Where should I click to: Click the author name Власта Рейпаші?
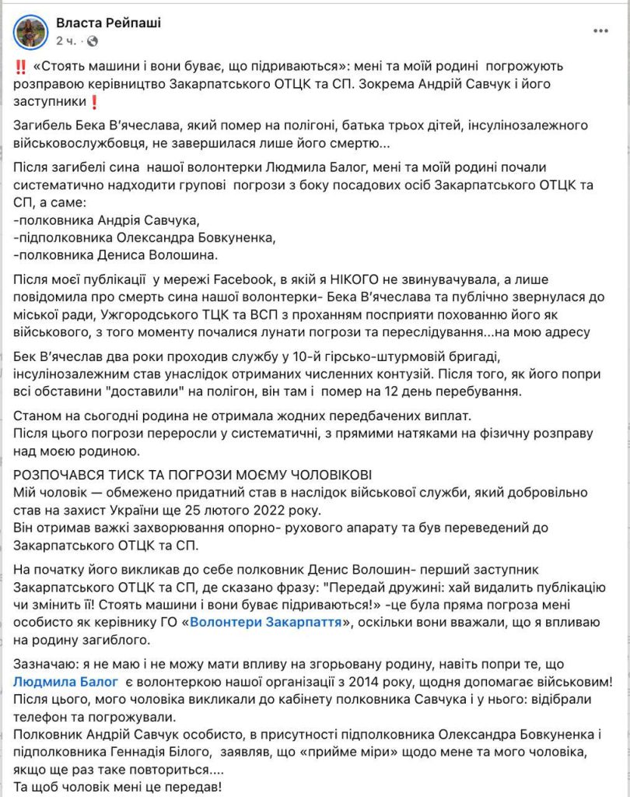click(x=107, y=23)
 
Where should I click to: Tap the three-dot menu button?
click(x=601, y=31)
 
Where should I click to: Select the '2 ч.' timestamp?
click(x=65, y=40)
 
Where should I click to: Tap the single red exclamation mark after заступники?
click(x=94, y=102)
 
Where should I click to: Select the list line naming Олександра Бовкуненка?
click(x=145, y=237)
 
